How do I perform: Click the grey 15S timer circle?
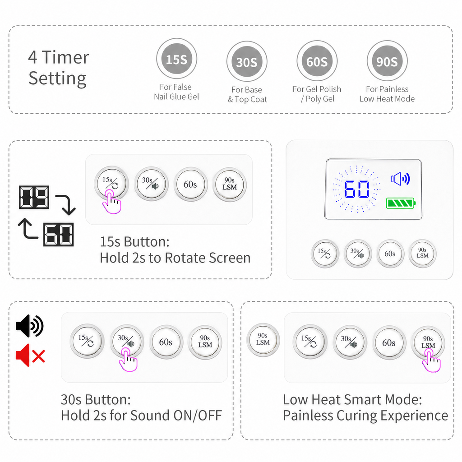(x=176, y=59)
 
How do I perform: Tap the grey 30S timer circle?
(x=247, y=61)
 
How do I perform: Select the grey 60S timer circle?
(x=317, y=61)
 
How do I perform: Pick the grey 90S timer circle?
(x=387, y=61)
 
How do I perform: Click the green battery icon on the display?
(x=401, y=203)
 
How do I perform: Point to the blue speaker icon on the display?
(x=401, y=179)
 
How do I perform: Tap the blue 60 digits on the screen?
(x=356, y=189)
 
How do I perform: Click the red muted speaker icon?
(x=30, y=355)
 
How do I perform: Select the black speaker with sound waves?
(x=29, y=326)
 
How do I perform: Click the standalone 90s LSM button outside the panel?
(x=263, y=339)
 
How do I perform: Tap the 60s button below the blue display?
(x=390, y=254)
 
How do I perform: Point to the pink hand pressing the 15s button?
(x=111, y=202)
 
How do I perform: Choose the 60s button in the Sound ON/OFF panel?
(x=166, y=342)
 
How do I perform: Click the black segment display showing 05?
(x=34, y=197)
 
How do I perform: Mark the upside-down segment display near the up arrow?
(x=58, y=235)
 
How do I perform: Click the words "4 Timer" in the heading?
(x=59, y=57)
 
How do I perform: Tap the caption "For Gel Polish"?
(x=317, y=89)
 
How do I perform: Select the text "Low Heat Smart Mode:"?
(x=352, y=400)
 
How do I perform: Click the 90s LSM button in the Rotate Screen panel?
(x=230, y=184)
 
